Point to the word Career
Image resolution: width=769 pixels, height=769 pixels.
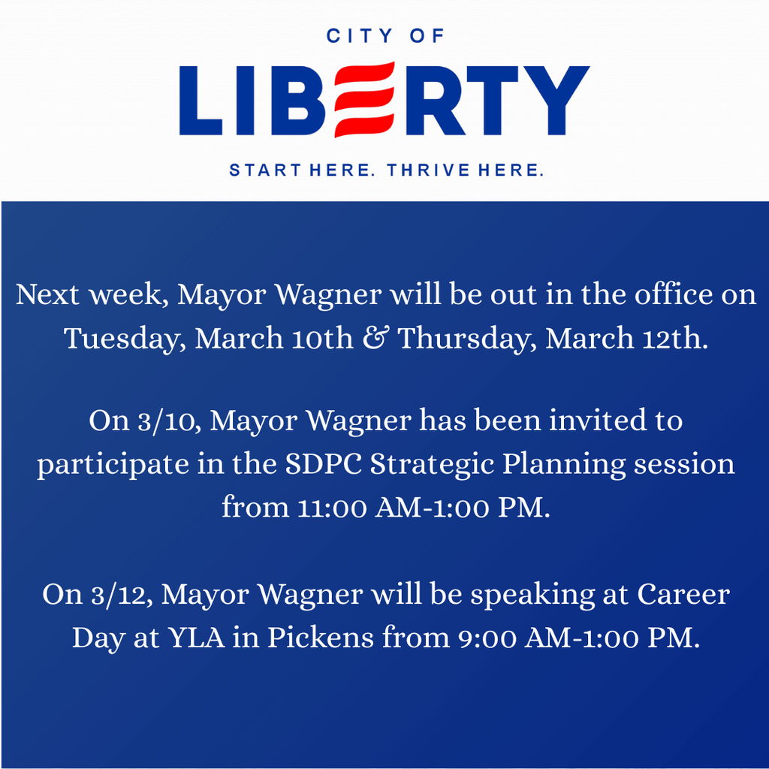(684, 595)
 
